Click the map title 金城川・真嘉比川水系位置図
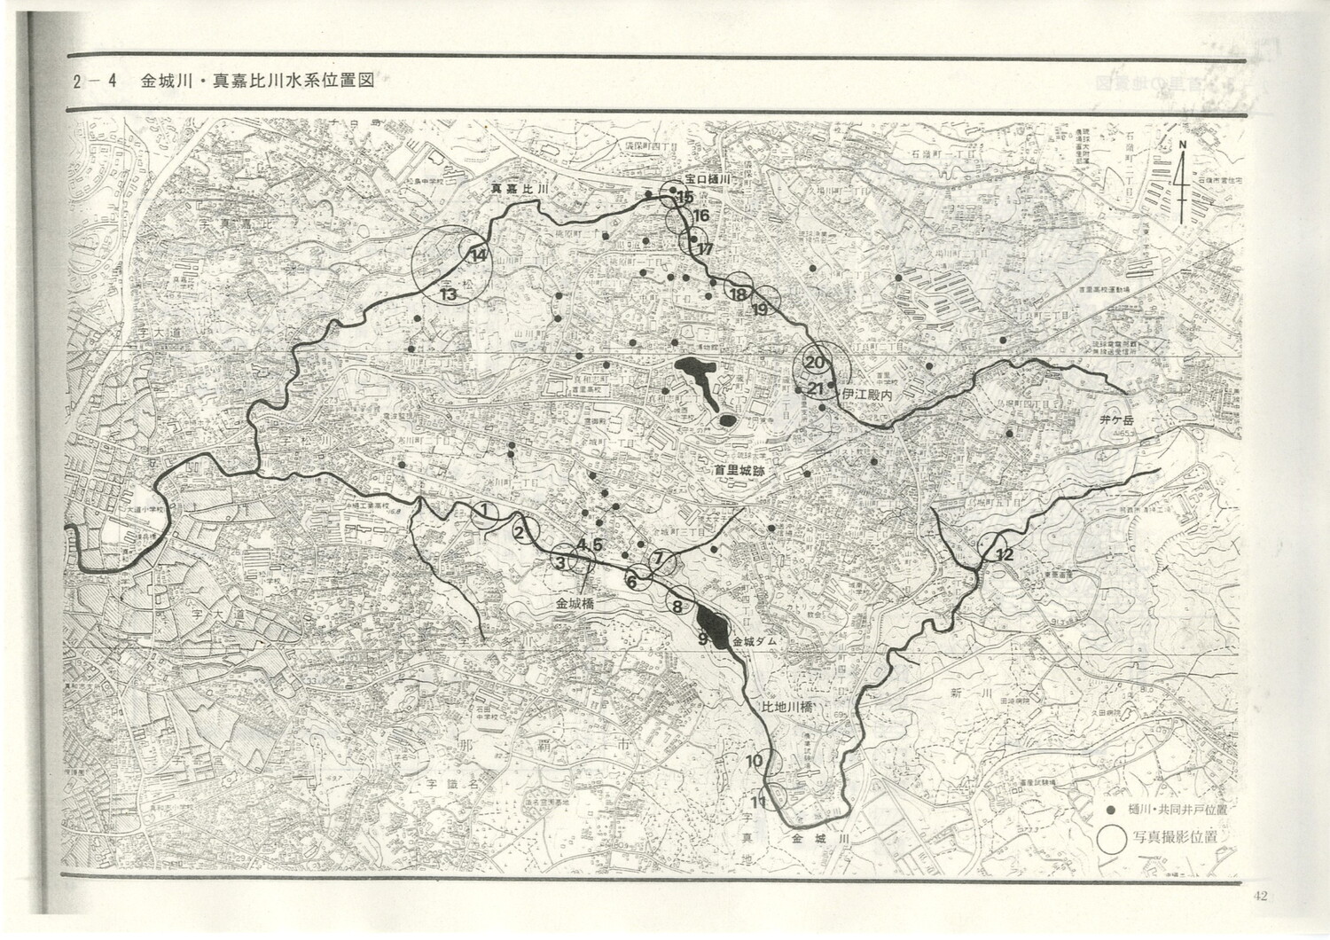[x=257, y=81]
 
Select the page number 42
[x=1261, y=895]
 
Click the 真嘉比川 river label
[x=522, y=189]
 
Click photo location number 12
[x=1004, y=555]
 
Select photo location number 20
[x=816, y=362]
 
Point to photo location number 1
[x=485, y=511]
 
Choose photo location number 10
[x=755, y=761]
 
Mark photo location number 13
[x=448, y=294]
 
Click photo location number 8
[x=677, y=607]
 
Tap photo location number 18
[x=737, y=294]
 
